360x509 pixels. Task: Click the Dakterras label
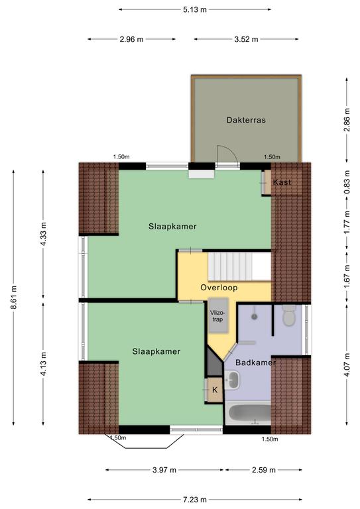coord(246,120)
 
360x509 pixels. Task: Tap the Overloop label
coord(219,288)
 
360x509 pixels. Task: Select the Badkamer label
coord(255,363)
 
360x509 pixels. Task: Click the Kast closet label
coord(282,182)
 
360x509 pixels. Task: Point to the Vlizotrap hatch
coord(218,315)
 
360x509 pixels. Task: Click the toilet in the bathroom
coord(288,315)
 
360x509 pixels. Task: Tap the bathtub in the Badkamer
coord(249,414)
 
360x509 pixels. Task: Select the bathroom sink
coord(233,380)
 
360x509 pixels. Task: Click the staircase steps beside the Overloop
coord(230,267)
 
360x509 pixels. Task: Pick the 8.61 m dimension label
coord(14,298)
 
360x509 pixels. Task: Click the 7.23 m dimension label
coord(194,499)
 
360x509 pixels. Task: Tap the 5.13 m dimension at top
coord(194,10)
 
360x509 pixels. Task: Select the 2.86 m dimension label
coord(347,120)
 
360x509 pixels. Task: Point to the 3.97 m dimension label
coord(164,470)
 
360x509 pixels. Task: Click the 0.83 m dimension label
coord(347,182)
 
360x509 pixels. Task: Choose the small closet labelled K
coord(215,390)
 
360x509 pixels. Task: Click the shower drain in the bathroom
coord(255,316)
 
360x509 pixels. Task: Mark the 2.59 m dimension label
coord(264,470)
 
